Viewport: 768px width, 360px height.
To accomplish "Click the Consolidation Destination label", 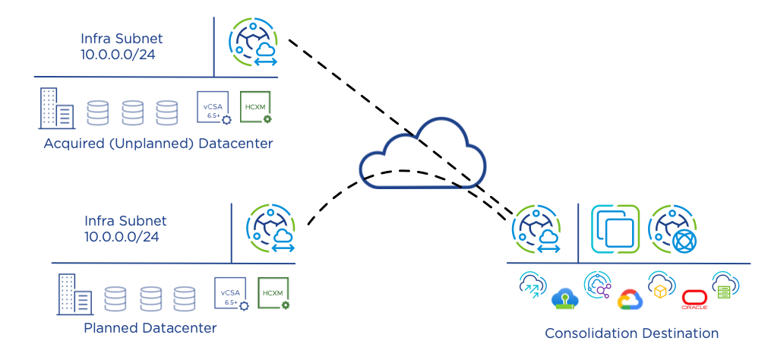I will point(631,333).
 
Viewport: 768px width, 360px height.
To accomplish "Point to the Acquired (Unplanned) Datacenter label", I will point(158,144).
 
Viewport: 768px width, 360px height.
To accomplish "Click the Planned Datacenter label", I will point(150,328).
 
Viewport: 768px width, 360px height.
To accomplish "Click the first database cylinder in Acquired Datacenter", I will point(97,112).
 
